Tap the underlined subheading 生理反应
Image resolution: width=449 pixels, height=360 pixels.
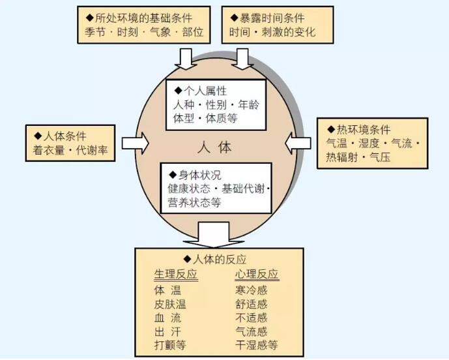coord(175,275)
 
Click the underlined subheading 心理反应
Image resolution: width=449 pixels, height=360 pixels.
coord(256,275)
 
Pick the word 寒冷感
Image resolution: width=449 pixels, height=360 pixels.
coord(252,290)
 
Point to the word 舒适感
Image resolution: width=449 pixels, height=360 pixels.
coord(252,304)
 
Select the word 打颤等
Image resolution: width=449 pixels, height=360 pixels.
coord(171,345)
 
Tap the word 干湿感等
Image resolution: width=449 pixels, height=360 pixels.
coord(257,345)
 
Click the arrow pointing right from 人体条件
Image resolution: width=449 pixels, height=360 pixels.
coord(136,142)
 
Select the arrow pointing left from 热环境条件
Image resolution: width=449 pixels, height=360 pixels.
coord(298,142)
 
